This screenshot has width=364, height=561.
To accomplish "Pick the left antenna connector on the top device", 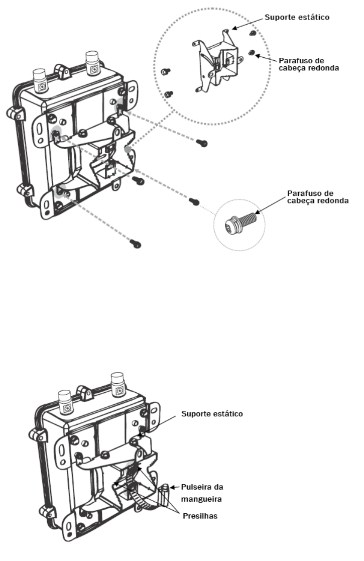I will coord(40,80).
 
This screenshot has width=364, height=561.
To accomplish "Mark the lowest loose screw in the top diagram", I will coord(136,244).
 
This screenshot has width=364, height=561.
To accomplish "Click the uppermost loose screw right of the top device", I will coord(202,143).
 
